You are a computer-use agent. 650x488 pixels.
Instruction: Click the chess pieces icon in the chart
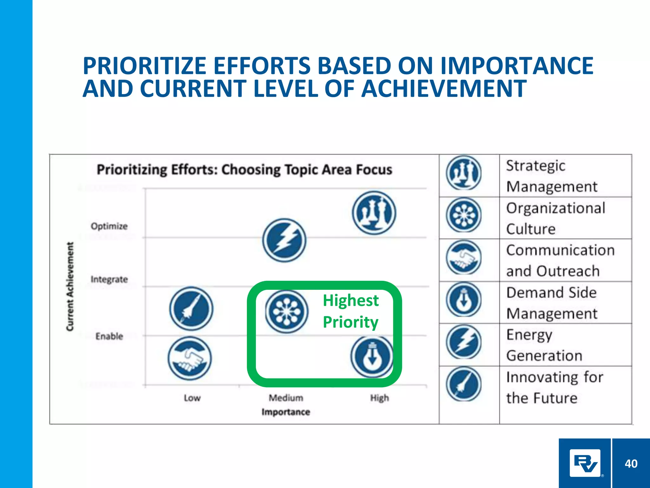pos(374,213)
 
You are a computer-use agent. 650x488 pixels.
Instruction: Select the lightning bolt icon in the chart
pos(284,240)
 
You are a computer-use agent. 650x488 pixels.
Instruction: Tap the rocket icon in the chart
pos(191,308)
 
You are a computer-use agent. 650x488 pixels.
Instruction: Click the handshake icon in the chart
pos(190,358)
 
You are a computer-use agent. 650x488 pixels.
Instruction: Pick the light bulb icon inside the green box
pos(372,357)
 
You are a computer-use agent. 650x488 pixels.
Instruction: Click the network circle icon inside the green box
pos(286,312)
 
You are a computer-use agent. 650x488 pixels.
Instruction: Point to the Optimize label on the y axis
pos(109,226)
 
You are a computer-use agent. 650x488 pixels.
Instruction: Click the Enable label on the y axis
pos(109,336)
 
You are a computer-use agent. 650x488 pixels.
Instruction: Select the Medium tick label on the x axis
pos(286,398)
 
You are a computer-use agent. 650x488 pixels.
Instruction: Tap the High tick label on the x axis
pos(379,398)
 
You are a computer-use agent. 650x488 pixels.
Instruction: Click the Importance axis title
pos(286,412)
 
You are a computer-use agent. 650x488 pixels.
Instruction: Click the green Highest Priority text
pos(351,311)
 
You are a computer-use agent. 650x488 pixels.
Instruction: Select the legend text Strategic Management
pos(552,176)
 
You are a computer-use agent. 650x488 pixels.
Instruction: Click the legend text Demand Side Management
pos(552,303)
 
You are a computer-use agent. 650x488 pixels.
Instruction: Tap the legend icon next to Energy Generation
pos(464,342)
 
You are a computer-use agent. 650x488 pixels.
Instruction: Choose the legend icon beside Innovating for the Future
pos(464,384)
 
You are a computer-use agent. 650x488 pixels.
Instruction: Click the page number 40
pos(631,464)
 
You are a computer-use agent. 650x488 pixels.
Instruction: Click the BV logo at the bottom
pos(585,463)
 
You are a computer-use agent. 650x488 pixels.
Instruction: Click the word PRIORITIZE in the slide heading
pos(144,66)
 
